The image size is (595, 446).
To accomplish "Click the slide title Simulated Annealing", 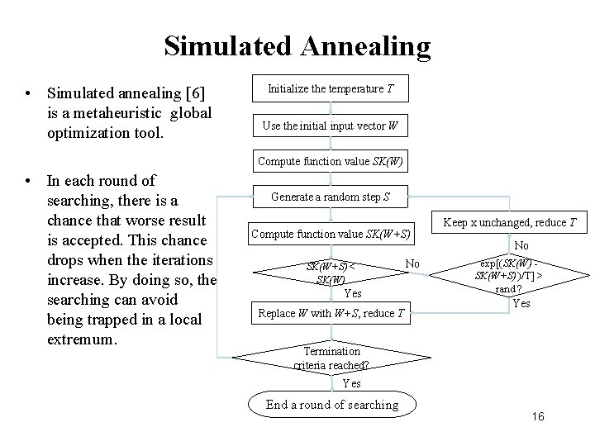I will [297, 45].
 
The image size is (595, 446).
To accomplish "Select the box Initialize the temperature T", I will [331, 88].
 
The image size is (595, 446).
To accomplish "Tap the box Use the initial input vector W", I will [331, 126].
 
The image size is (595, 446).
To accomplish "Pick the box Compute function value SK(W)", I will [331, 161].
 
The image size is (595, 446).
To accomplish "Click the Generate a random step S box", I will [331, 197].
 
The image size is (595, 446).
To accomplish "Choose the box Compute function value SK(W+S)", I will [331, 234].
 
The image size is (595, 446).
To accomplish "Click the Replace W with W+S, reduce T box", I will [331, 312].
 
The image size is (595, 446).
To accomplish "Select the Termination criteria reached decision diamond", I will [331, 358].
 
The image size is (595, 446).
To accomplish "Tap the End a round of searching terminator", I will [331, 404].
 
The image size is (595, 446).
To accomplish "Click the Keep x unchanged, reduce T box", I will [505, 222].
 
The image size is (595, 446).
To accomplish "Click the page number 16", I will [538, 417].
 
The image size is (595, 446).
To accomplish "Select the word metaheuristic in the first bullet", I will [116, 112].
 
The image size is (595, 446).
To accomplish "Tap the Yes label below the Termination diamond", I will [352, 382].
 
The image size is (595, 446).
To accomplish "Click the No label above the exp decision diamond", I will [522, 245].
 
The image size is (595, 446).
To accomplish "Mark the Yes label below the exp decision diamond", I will [522, 303].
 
